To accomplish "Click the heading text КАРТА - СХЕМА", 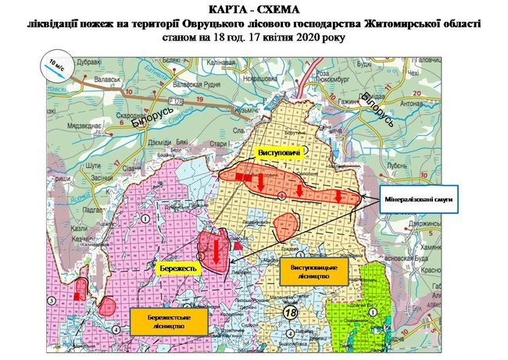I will click(253, 9).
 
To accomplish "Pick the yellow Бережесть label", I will click(177, 267).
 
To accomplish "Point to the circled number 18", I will click(291, 312).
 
